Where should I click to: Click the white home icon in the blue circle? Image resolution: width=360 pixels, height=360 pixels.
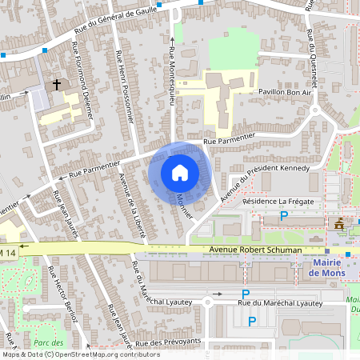tap(180, 173)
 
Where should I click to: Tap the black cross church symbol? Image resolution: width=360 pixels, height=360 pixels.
tap(57, 83)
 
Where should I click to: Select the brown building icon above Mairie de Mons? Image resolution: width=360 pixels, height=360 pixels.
tap(340, 224)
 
